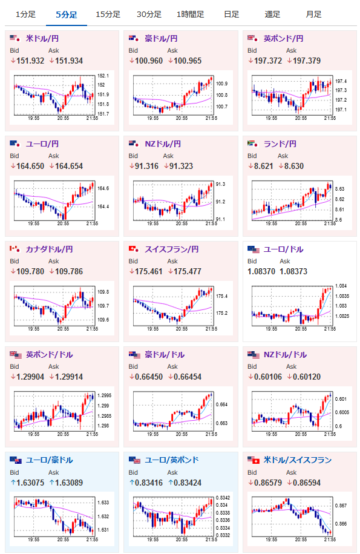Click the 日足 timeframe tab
[x=232, y=15]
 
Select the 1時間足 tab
[x=190, y=15]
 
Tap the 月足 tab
[x=313, y=15]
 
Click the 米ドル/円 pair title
[x=42, y=39]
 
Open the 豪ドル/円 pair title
[x=161, y=39]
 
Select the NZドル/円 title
[x=163, y=144]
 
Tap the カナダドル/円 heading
[x=50, y=249]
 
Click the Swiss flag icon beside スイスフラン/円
[x=133, y=249]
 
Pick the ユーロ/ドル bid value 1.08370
[x=261, y=271]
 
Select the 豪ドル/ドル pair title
[x=165, y=354]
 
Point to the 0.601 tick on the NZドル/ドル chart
[x=341, y=399]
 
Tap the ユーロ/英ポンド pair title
[x=172, y=460]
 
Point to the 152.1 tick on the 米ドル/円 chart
[x=103, y=76]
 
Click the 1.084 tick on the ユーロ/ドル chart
[x=341, y=286]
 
